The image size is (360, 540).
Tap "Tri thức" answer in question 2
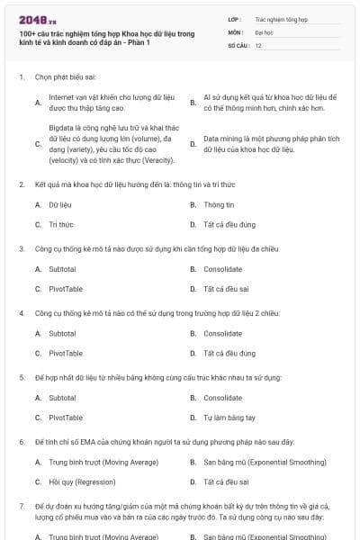[61, 224]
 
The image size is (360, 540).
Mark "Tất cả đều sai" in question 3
[230, 289]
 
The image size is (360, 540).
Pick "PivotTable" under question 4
[66, 353]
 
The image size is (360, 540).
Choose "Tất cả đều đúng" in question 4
[230, 353]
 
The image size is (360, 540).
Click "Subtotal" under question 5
[62, 398]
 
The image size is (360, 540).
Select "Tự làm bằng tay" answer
[229, 418]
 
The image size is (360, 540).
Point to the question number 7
[22, 507]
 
